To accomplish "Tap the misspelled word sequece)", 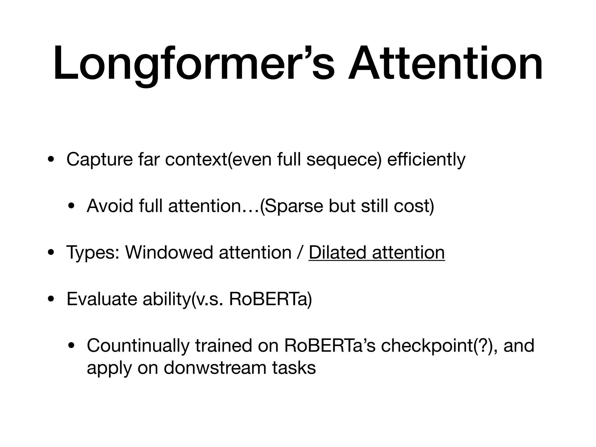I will [x=344, y=160].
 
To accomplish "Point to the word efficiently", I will [x=426, y=160].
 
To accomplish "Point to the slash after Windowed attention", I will [x=300, y=253].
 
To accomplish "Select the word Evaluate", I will [x=102, y=299].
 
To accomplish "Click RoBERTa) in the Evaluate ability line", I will [x=270, y=299].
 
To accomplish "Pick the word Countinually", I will [x=138, y=346].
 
